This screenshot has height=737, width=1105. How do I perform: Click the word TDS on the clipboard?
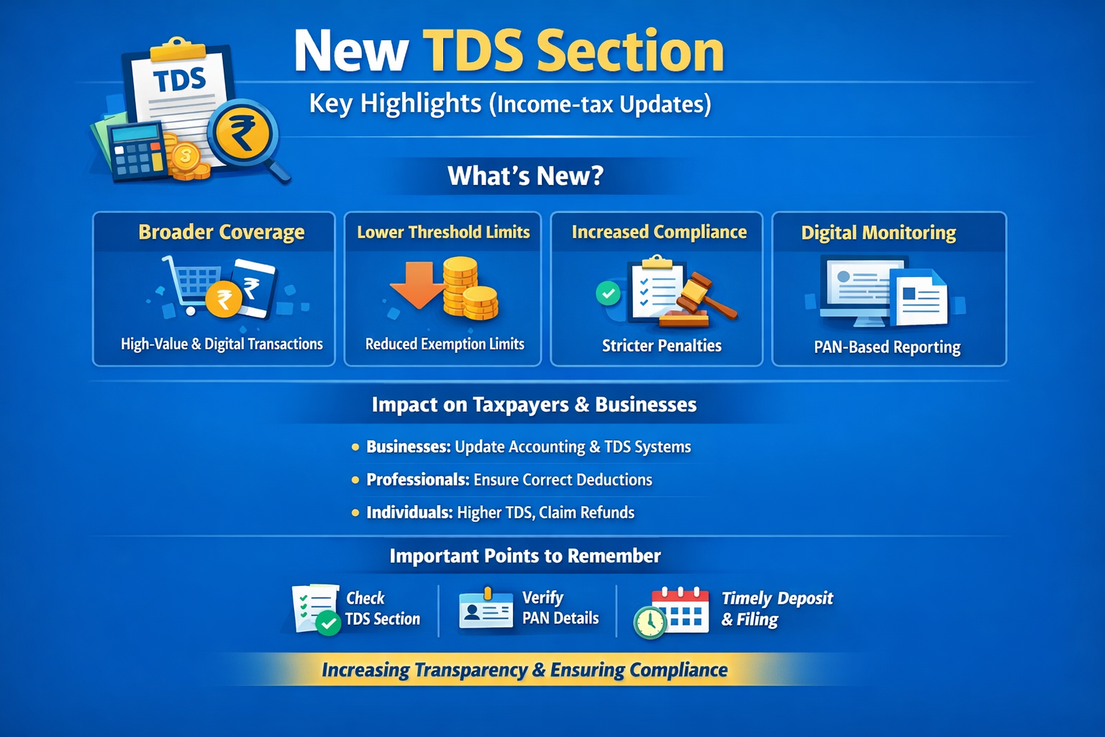(x=179, y=80)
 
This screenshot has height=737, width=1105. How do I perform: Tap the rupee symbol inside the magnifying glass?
(x=242, y=132)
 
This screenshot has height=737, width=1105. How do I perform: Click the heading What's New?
(x=525, y=176)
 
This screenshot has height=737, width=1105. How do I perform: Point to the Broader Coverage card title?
(x=222, y=232)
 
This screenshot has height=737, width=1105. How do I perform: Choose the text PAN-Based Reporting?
(x=887, y=347)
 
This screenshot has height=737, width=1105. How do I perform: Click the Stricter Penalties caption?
(x=662, y=345)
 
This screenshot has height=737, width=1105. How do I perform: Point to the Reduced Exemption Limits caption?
(x=445, y=344)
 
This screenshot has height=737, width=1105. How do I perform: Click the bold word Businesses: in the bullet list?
(x=409, y=447)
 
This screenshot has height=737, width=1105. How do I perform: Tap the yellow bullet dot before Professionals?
(x=355, y=480)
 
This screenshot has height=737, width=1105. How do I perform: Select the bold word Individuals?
(x=409, y=512)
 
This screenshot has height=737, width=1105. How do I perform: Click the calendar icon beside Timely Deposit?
(x=680, y=610)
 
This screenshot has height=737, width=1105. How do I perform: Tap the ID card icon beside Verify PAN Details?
(x=486, y=609)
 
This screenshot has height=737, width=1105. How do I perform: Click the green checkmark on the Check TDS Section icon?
(x=328, y=623)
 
